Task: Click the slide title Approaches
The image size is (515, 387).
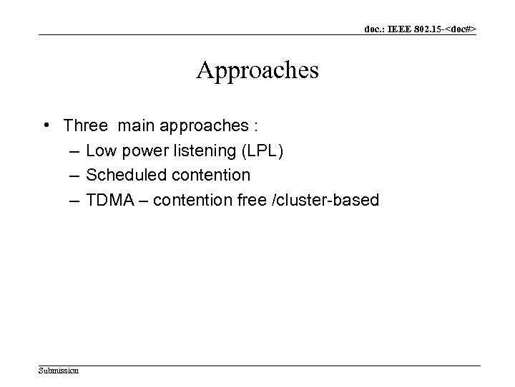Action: [x=257, y=70]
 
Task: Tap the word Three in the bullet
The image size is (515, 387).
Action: [x=85, y=125]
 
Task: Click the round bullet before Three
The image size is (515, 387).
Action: [x=46, y=125]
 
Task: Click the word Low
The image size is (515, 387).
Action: [x=102, y=150]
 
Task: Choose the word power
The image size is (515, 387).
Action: [x=147, y=150]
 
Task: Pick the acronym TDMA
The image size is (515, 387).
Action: [x=109, y=199]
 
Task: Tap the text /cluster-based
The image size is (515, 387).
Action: [x=326, y=199]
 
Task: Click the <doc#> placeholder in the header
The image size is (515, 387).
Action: [x=459, y=29]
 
